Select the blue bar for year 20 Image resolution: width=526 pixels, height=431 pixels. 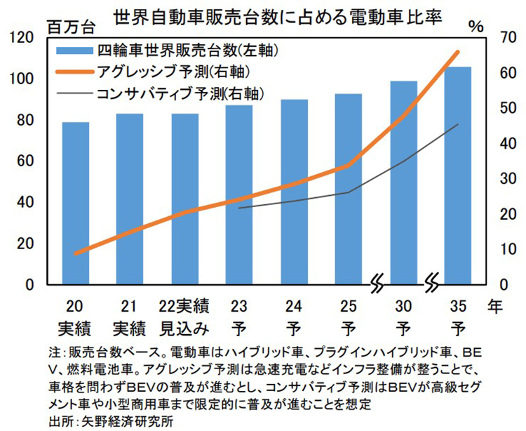tap(76, 204)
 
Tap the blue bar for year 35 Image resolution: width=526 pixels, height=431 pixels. tap(457, 175)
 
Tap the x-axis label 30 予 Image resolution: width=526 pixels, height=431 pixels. tap(403, 317)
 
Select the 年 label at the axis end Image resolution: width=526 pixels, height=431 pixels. tap(496, 306)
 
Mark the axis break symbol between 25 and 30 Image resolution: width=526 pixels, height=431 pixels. tap(377, 285)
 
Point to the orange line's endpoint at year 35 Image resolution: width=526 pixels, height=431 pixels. tap(457, 52)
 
